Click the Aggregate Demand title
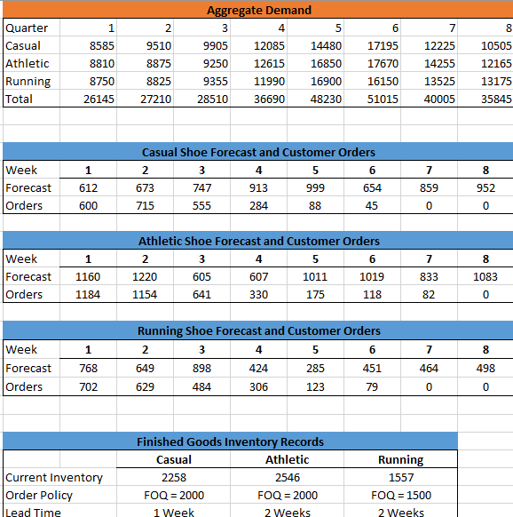tap(258, 10)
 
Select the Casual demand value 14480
tap(326, 45)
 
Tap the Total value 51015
tap(383, 99)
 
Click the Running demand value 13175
tap(496, 81)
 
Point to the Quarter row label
tap(27, 28)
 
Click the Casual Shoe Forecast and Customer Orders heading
tap(258, 152)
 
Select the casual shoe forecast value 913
tap(258, 187)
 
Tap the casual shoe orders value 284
tap(258, 205)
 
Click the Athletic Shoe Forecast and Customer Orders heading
tap(258, 241)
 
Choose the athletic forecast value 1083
tap(485, 276)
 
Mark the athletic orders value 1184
tap(88, 294)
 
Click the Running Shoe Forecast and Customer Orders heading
tap(258, 330)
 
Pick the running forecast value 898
tap(201, 368)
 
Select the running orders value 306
tap(258, 386)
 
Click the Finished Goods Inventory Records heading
tap(230, 441)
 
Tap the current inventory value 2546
tap(287, 477)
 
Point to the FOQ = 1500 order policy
tap(400, 495)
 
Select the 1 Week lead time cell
tap(173, 512)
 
